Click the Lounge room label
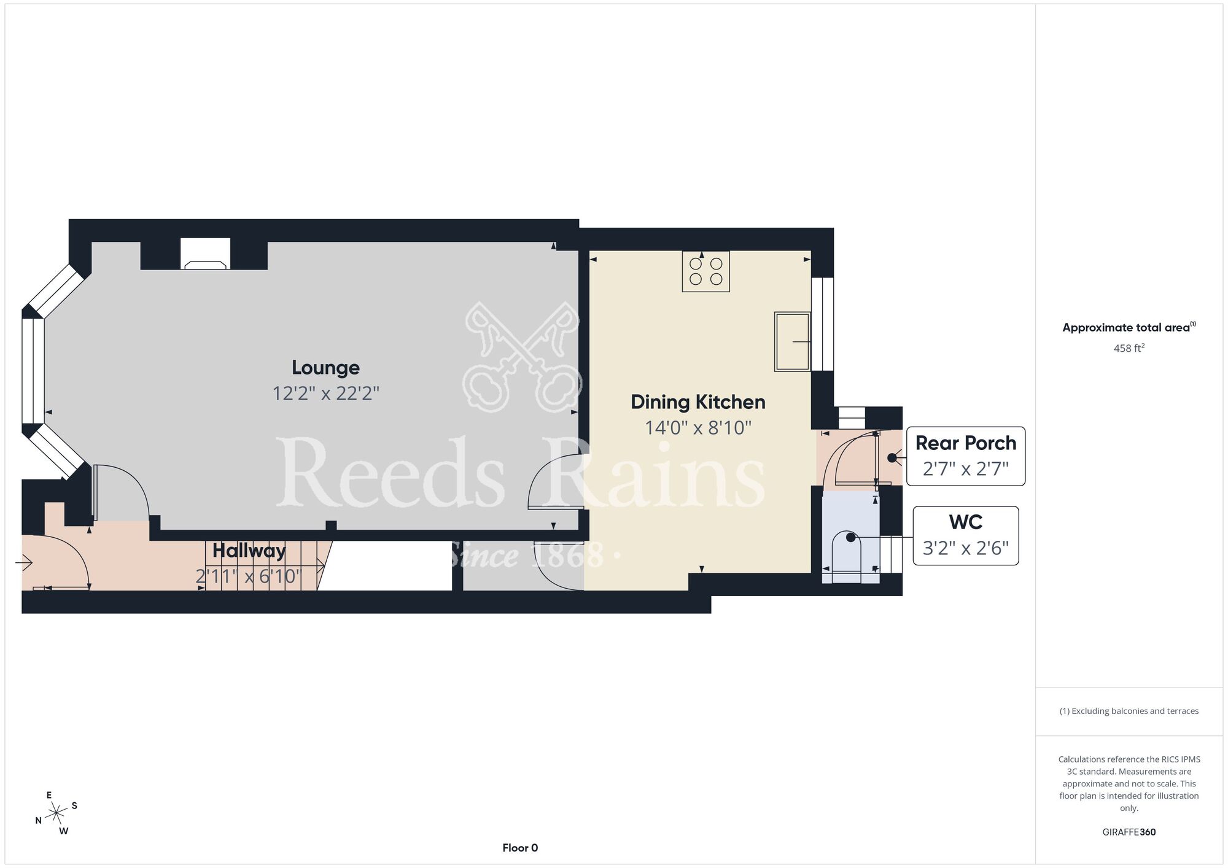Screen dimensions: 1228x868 coord(325,367)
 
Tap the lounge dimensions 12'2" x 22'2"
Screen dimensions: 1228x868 coord(326,393)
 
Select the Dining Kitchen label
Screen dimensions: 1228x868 coord(698,402)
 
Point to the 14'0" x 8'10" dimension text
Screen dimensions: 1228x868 coord(698,427)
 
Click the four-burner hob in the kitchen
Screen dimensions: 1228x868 coord(705,271)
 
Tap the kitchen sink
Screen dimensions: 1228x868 coord(792,341)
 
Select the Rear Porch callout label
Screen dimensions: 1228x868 coord(966,456)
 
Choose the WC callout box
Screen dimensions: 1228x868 coord(966,535)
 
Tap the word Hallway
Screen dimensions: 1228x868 coord(249,551)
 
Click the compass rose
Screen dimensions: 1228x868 coord(56,813)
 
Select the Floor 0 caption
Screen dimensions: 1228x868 coord(520,848)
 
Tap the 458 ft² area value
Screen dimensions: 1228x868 coord(1129,348)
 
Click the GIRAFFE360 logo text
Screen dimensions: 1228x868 coord(1129,832)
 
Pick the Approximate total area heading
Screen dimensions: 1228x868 coord(1129,327)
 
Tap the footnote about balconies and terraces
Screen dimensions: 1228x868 coord(1129,711)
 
